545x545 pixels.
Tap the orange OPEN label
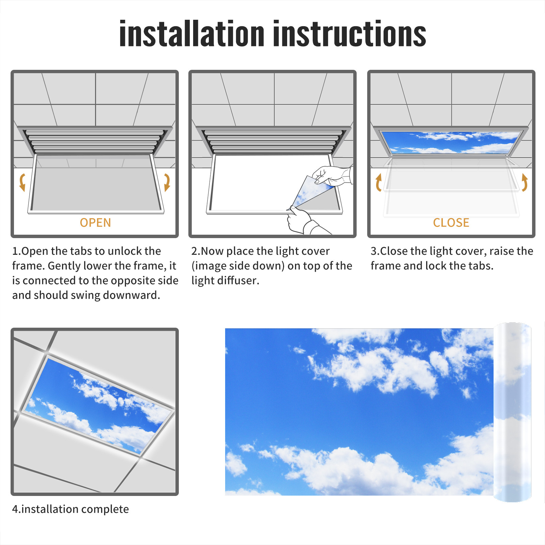[95, 223]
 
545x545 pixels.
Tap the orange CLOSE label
[451, 223]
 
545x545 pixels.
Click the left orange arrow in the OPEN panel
[22, 182]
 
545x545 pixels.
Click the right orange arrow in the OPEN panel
[167, 182]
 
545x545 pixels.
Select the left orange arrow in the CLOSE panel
[378, 182]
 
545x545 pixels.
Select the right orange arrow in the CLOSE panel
[525, 182]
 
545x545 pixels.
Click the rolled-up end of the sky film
[512, 412]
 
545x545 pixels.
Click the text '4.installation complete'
[71, 509]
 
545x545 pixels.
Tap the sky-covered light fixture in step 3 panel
[451, 142]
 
